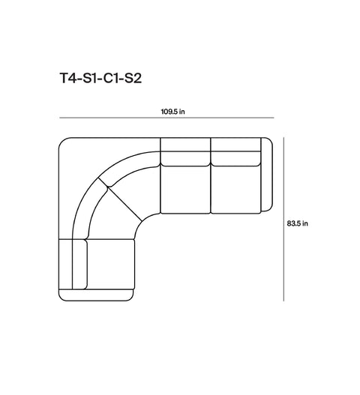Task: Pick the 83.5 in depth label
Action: click(298, 223)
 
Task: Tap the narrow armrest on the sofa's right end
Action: click(268, 175)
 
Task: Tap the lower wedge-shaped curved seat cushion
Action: click(109, 217)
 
